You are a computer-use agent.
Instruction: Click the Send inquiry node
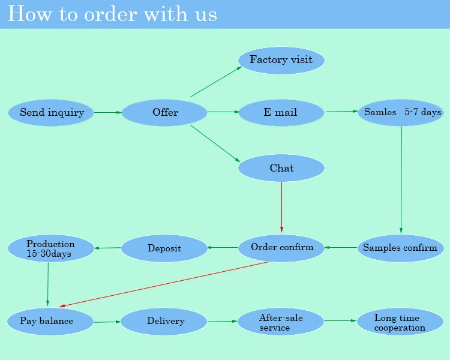[52, 113]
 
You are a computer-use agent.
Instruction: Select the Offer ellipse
[164, 113]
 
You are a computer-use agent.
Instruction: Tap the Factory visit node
[281, 60]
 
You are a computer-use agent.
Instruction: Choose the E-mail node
[281, 113]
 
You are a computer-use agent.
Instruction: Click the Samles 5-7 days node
[401, 113]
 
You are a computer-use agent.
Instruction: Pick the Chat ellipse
[281, 168]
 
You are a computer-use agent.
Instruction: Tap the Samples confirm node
[400, 248]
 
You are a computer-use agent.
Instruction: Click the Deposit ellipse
[164, 248]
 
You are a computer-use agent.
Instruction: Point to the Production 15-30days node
[51, 248]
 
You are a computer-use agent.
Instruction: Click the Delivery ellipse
[164, 322]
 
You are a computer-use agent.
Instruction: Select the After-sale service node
[281, 322]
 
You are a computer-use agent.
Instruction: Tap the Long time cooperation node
[400, 322]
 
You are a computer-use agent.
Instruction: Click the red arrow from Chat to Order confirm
[281, 207]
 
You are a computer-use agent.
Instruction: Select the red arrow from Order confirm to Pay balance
[165, 284]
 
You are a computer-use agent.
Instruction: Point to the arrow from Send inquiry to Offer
[107, 112]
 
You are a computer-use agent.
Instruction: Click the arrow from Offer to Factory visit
[216, 82]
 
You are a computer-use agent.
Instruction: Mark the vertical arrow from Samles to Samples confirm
[401, 180]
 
